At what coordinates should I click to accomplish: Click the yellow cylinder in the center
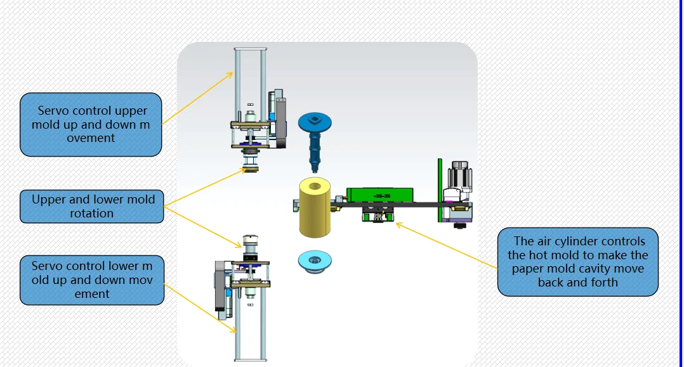316,207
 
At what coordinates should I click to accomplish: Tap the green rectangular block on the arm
379,195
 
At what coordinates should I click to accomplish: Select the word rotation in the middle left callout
92,214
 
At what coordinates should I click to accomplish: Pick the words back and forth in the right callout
577,283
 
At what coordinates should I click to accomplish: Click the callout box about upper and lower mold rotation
92,207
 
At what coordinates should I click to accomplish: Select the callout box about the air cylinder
577,262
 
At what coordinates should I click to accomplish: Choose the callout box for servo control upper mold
91,125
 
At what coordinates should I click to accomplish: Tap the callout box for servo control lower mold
92,280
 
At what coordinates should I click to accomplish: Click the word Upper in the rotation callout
48,200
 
